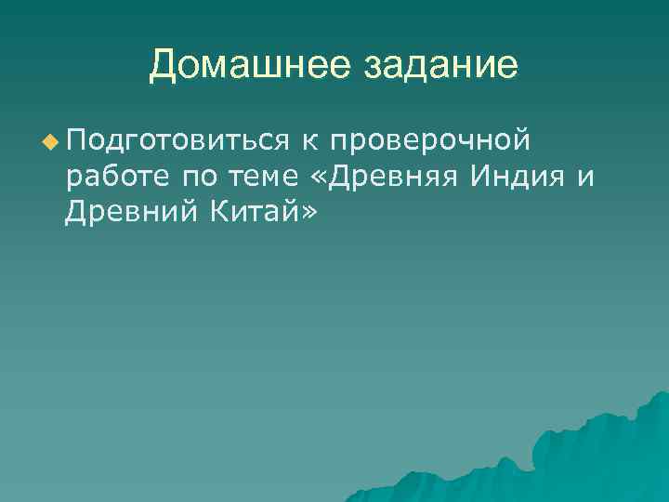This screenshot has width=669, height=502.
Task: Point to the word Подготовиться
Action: pos(177,141)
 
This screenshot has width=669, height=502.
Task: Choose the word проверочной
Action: pos(430,141)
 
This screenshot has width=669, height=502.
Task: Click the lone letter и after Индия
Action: pos(585,178)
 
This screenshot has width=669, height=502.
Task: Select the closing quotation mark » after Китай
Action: pos(308,215)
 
